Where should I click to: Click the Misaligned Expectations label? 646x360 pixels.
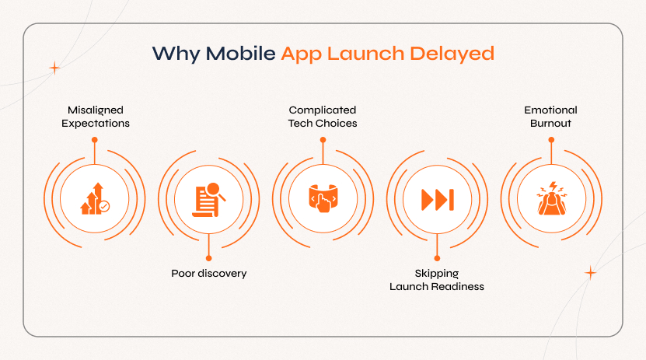(x=94, y=117)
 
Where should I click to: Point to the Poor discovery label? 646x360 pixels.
(x=208, y=274)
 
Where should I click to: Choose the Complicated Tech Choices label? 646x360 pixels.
(x=323, y=117)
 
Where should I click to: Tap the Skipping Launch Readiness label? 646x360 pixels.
(x=437, y=280)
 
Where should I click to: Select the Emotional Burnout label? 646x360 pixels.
(x=551, y=117)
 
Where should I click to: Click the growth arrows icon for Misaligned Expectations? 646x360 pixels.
(x=94, y=199)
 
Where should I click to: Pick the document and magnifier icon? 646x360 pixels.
(x=208, y=199)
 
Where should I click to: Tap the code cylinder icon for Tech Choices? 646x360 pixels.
(x=323, y=199)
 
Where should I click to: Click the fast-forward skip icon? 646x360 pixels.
(x=437, y=199)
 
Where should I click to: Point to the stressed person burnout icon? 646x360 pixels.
(x=551, y=199)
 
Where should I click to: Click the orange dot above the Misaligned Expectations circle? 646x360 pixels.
(x=94, y=140)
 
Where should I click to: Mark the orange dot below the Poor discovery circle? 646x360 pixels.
(x=208, y=258)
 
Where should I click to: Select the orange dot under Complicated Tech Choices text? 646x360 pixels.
(x=323, y=140)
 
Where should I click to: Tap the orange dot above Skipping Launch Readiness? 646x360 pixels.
(x=437, y=258)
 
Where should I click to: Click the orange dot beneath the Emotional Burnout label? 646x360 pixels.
(x=551, y=140)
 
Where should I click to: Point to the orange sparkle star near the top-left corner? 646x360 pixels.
(x=54, y=68)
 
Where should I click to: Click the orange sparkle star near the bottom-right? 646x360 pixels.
(x=590, y=272)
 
